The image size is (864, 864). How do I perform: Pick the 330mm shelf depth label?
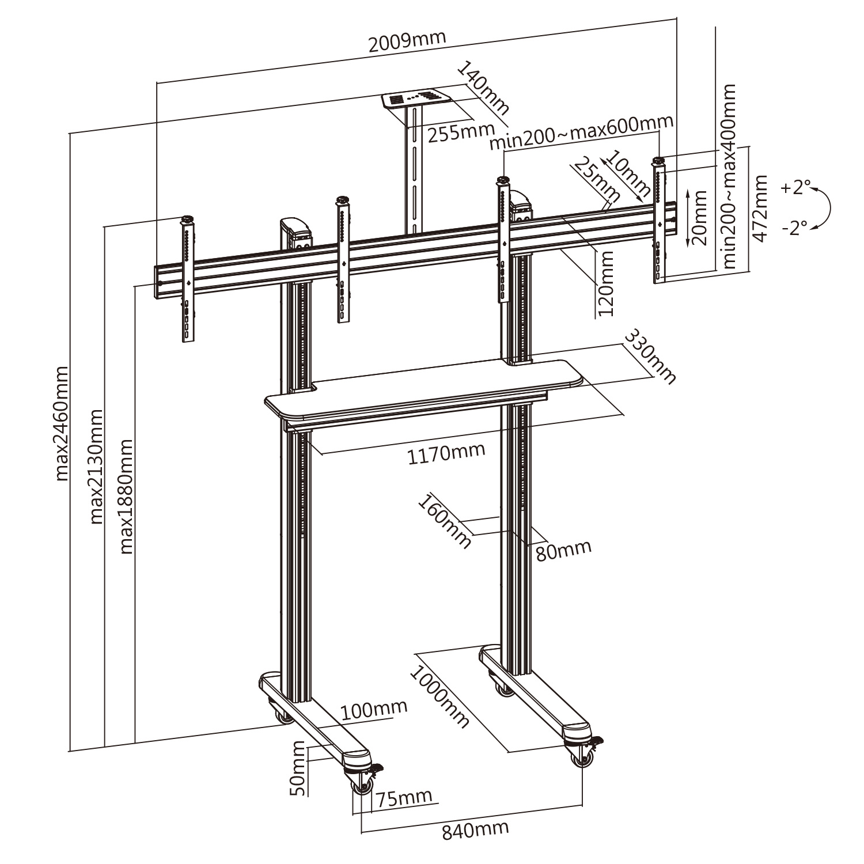[x=650, y=356]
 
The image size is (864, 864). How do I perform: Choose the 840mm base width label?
[x=475, y=830]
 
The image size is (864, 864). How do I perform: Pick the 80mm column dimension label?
[x=563, y=550]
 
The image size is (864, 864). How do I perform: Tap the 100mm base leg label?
[x=374, y=710]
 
